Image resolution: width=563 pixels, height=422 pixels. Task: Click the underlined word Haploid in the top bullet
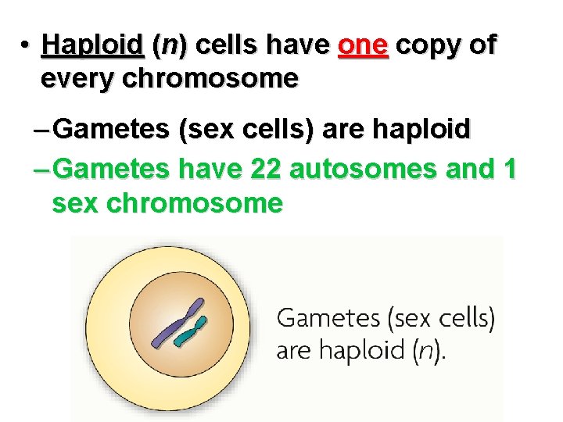coord(92,46)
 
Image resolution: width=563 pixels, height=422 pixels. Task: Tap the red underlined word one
coord(362,46)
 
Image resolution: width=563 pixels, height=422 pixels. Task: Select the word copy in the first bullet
coord(427,46)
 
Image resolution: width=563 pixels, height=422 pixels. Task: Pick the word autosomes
coord(367,168)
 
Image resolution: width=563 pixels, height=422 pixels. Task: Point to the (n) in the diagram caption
coord(426,349)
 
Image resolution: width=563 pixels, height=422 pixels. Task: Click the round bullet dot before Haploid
coord(25,45)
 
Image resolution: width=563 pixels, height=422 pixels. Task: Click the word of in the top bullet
coord(482,46)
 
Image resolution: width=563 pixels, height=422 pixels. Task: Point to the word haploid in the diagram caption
coord(360,349)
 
